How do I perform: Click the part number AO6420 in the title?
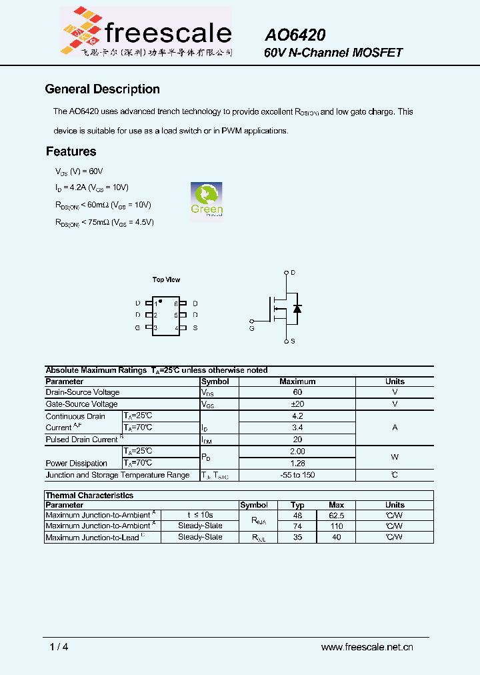[x=295, y=35]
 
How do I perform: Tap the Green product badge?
[x=207, y=199]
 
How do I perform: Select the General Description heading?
[x=102, y=89]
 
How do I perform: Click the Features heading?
[x=71, y=151]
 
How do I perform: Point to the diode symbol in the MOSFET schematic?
[x=297, y=308]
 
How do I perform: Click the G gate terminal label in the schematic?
[x=251, y=328]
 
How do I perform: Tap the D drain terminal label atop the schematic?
[x=293, y=273]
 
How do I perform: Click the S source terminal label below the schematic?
[x=293, y=342]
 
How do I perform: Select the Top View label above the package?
[x=166, y=279]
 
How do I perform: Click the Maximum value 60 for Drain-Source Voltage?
[x=297, y=392]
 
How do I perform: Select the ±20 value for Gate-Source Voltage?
[x=297, y=404]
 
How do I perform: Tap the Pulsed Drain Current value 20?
[x=297, y=440]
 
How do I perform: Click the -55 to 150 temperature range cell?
[x=297, y=475]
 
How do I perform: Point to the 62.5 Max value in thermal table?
[x=337, y=516]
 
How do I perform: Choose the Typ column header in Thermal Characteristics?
[x=297, y=505]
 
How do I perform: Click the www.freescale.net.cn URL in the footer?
[x=367, y=646]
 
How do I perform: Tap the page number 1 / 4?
[x=59, y=646]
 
